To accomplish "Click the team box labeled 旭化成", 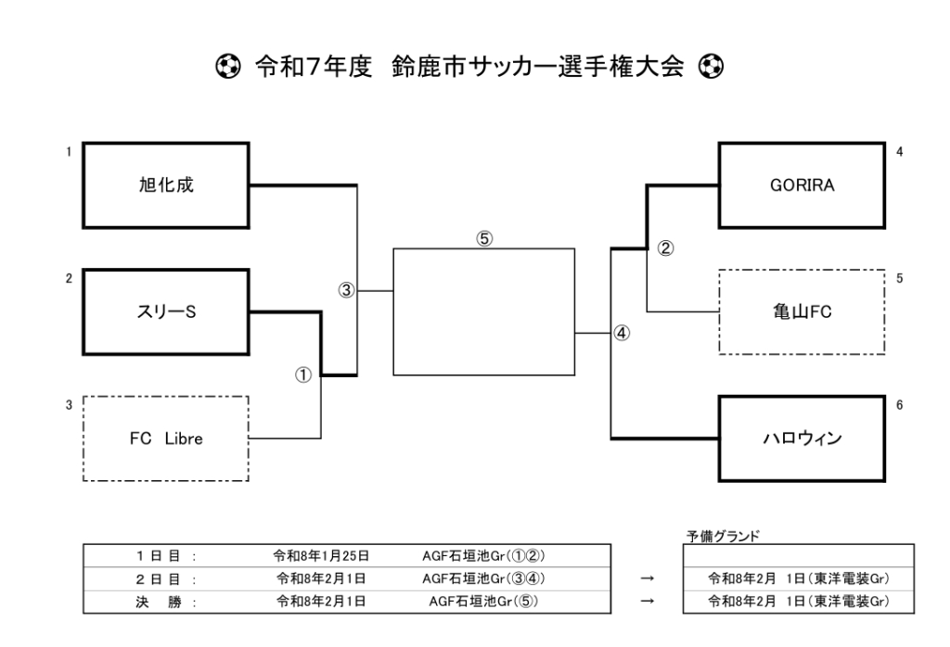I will [x=166, y=184].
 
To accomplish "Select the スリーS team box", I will [x=166, y=311].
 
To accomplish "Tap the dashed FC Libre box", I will [x=166, y=438].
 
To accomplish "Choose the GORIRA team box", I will [x=802, y=184].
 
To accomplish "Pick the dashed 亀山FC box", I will [x=802, y=311].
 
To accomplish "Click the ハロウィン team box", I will [x=802, y=438].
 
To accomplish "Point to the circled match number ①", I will [x=302, y=375].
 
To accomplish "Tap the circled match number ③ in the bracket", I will [x=346, y=290].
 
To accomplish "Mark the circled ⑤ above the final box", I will [x=484, y=238].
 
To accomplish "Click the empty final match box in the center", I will [x=484, y=311].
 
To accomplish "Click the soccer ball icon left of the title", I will [x=223, y=66].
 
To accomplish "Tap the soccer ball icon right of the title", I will [x=712, y=66].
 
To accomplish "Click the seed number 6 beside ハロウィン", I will [x=899, y=405].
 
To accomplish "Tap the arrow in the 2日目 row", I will [x=647, y=578].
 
